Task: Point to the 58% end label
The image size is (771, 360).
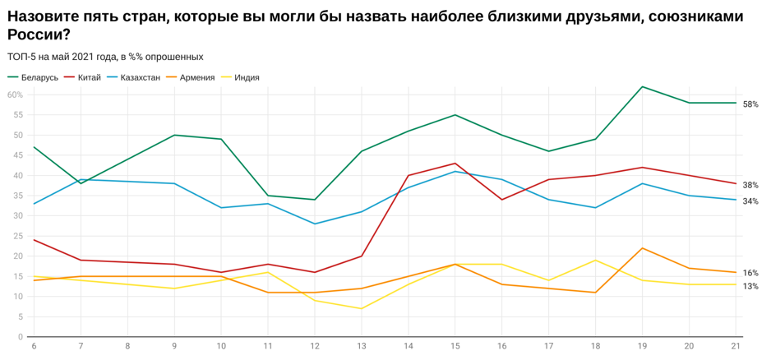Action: [x=750, y=104]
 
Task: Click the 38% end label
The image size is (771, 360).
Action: [x=750, y=185]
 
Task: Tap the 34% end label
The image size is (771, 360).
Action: [x=750, y=201]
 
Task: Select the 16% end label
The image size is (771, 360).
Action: [x=750, y=273]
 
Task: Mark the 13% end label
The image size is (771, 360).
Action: [x=750, y=286]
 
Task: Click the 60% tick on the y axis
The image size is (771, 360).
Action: [x=15, y=95]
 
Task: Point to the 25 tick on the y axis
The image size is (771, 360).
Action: [x=18, y=236]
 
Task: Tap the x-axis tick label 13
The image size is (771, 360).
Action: [x=361, y=347]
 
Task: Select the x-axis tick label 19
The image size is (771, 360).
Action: [x=642, y=347]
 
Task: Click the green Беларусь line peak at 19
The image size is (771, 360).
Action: [x=642, y=86]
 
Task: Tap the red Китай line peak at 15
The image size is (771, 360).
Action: [x=455, y=163]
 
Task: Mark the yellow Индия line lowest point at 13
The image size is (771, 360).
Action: [x=361, y=308]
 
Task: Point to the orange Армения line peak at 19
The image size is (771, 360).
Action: [x=642, y=248]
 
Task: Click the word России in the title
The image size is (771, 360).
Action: [x=38, y=35]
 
